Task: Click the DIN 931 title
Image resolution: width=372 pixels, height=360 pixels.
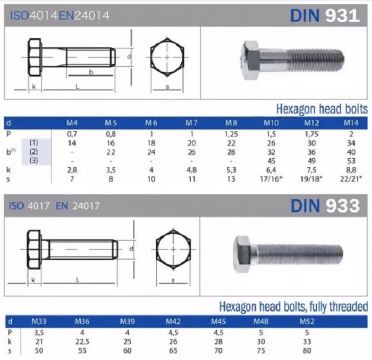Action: pos(325,15)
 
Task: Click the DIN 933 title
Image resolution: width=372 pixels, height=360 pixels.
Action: pos(325,205)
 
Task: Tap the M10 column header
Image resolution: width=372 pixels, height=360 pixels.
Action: pos(271,123)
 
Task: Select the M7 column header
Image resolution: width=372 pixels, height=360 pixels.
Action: pos(191,123)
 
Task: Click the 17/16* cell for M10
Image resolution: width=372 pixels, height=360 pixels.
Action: pos(271,179)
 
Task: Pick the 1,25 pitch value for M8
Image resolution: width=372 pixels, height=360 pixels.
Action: pos(231,134)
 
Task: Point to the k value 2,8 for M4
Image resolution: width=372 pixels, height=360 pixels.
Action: pos(72,170)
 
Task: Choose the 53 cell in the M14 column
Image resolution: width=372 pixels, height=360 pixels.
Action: pos(351,161)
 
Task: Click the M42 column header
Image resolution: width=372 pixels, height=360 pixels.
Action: pos(173,321)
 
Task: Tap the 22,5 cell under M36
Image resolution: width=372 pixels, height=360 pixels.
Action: pos(82,341)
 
